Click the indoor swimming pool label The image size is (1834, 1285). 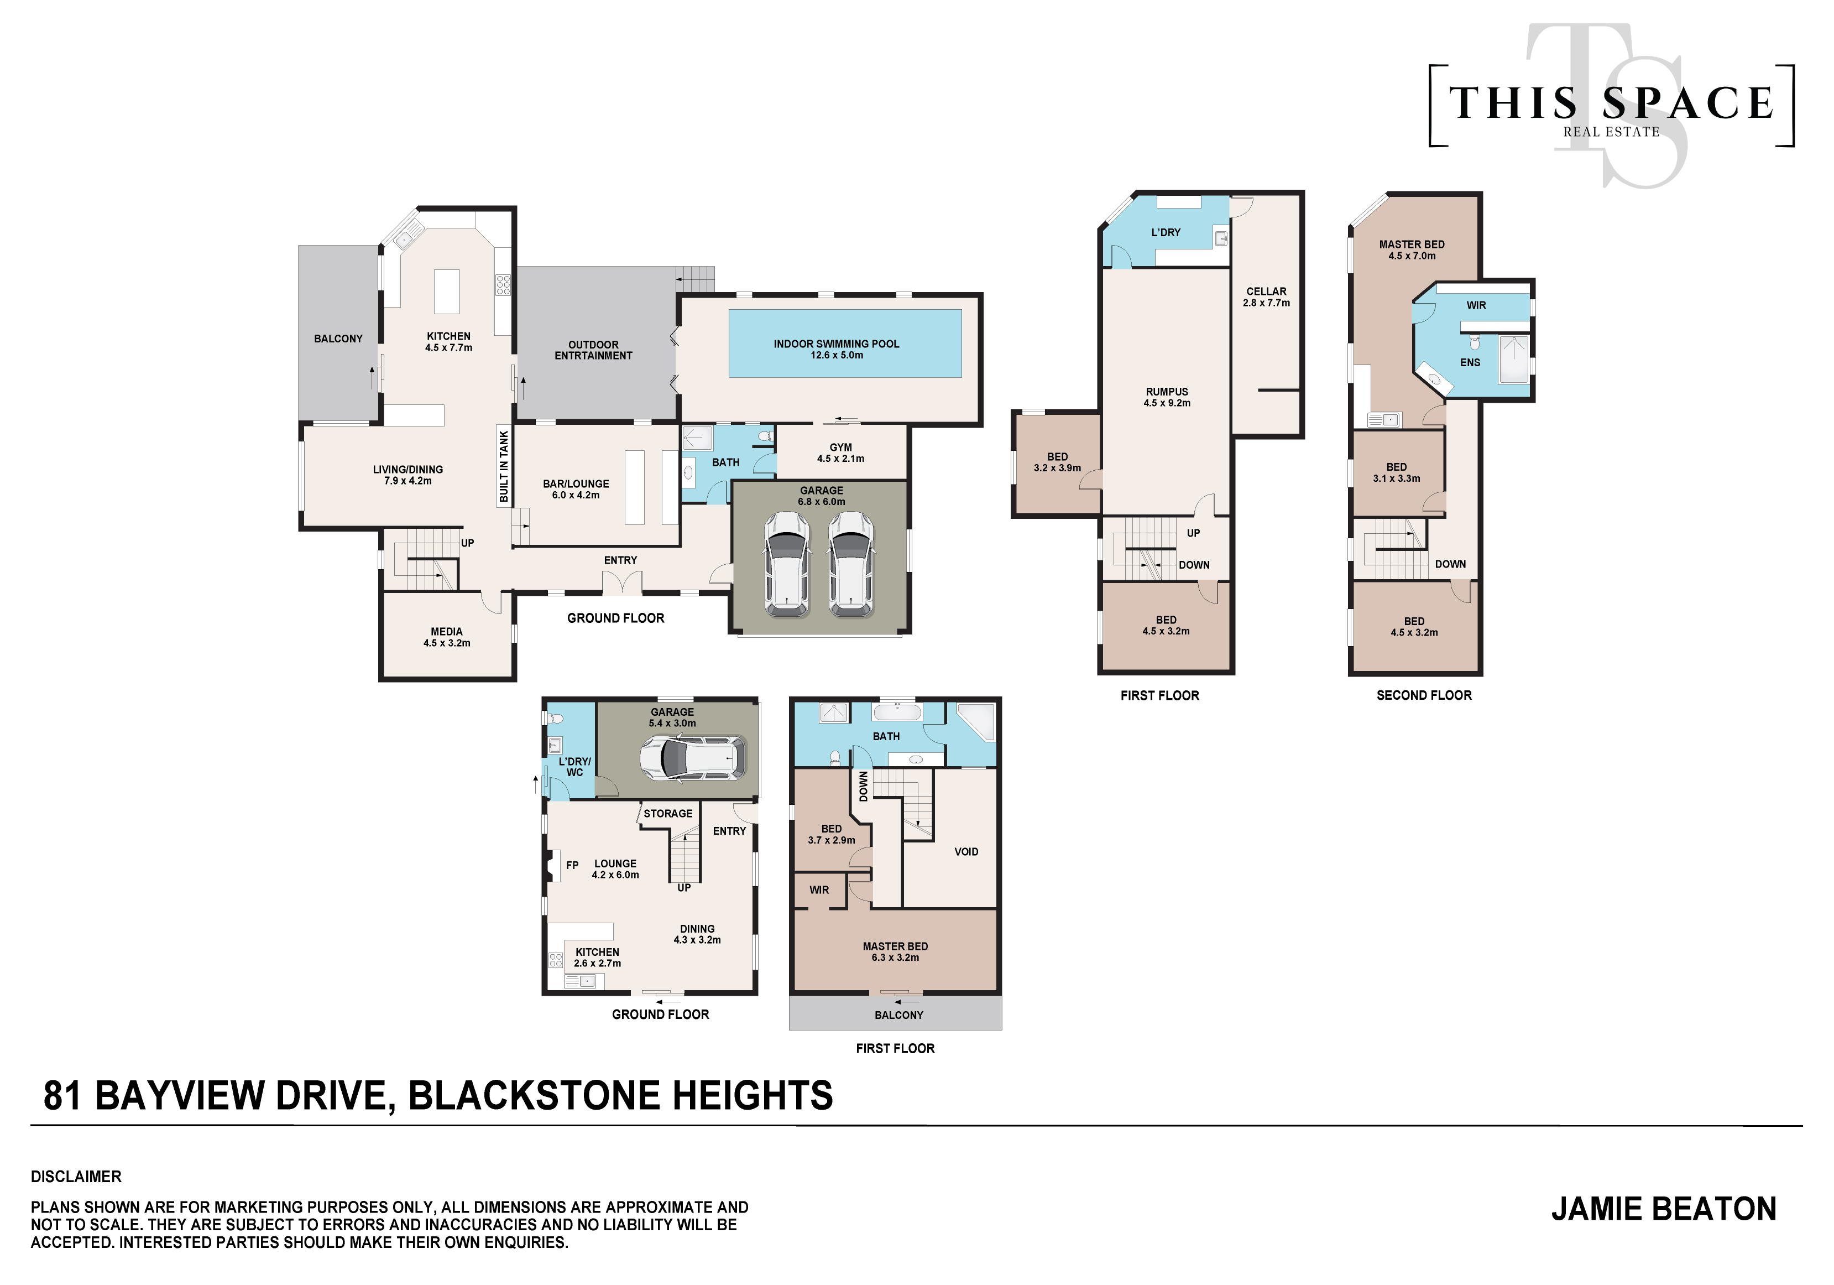pyautogui.click(x=837, y=349)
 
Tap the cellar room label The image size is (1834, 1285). pyautogui.click(x=1266, y=297)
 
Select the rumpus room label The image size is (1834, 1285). pyautogui.click(x=1167, y=397)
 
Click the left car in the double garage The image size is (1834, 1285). pyautogui.click(x=787, y=564)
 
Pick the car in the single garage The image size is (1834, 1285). pyautogui.click(x=693, y=758)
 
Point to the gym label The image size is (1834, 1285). pyautogui.click(x=840, y=453)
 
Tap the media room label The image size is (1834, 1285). pyautogui.click(x=447, y=637)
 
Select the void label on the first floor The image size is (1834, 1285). pyautogui.click(x=966, y=852)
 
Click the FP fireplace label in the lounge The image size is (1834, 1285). pyautogui.click(x=572, y=866)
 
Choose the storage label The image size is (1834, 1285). pyautogui.click(x=668, y=814)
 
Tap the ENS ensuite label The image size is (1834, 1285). pyautogui.click(x=1470, y=363)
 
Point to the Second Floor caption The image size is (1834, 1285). pyautogui.click(x=1423, y=695)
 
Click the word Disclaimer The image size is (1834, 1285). pyautogui.click(x=76, y=1177)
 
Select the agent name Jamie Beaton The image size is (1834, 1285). pyautogui.click(x=1664, y=1209)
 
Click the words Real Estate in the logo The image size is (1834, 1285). pyautogui.click(x=1611, y=132)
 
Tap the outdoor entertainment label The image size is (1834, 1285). pyautogui.click(x=593, y=350)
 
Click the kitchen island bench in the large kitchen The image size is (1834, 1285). pyautogui.click(x=447, y=292)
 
